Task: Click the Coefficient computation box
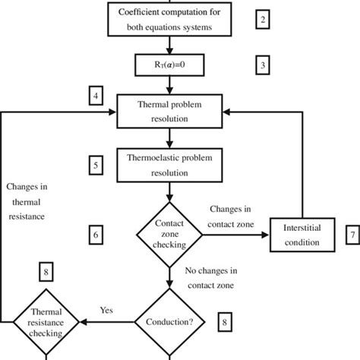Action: (172, 21)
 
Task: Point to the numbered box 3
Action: (263, 65)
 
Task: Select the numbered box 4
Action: (95, 97)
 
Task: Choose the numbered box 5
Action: (95, 164)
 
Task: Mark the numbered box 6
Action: (95, 236)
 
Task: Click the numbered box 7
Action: (352, 236)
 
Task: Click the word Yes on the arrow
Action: (107, 310)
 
